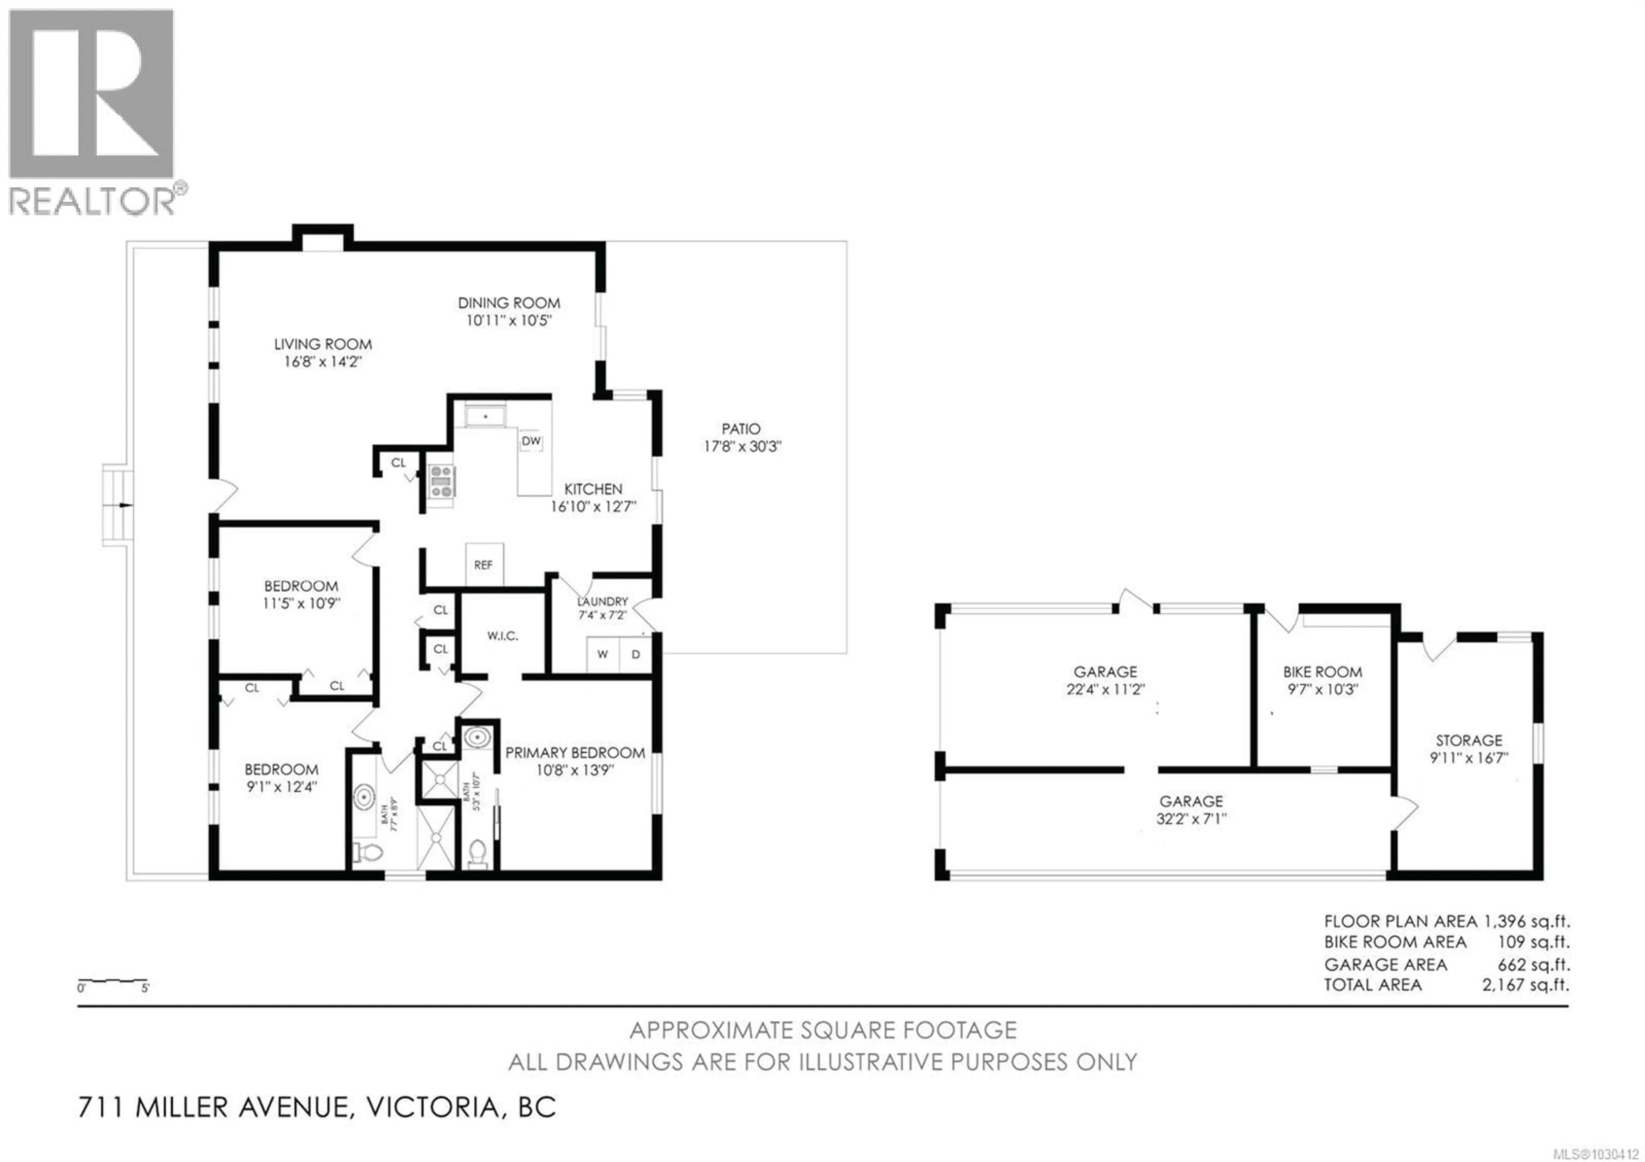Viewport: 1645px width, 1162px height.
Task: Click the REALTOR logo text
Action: pyautogui.click(x=92, y=201)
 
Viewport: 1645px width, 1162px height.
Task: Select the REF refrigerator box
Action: pyautogui.click(x=484, y=565)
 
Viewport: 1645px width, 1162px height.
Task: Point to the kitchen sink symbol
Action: pyautogui.click(x=486, y=416)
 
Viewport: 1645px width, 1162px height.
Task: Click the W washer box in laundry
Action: pyautogui.click(x=603, y=654)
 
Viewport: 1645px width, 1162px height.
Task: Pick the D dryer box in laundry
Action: pyautogui.click(x=635, y=654)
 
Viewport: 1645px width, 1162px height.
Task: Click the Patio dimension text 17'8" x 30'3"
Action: pyautogui.click(x=742, y=446)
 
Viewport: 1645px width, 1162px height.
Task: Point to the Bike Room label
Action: pyautogui.click(x=1322, y=672)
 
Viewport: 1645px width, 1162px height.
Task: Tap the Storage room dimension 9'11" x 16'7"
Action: pyautogui.click(x=1469, y=758)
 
